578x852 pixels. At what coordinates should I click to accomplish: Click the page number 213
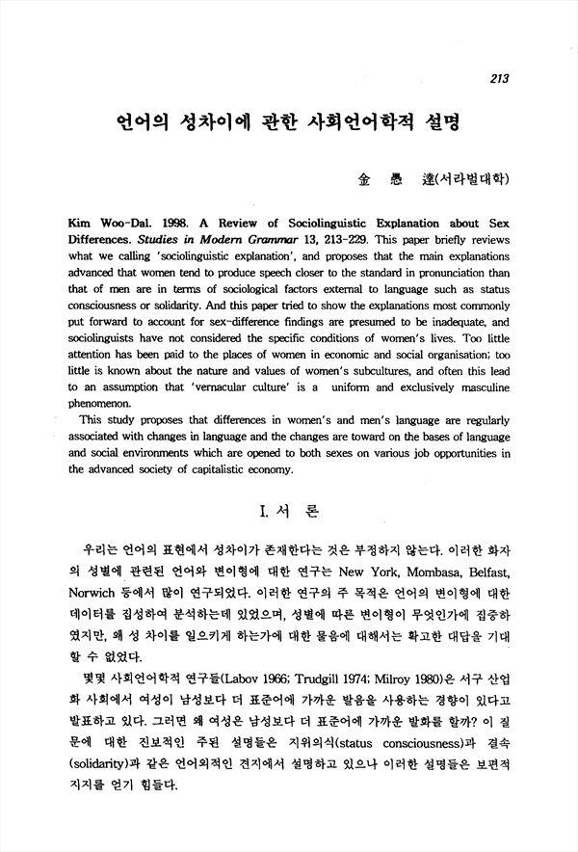[x=498, y=79]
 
